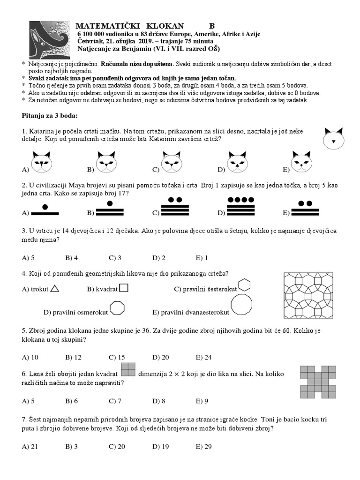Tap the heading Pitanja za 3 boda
[50, 115]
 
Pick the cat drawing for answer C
[172, 161]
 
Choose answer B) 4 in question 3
[72, 257]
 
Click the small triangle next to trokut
[55, 289]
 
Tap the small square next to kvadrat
[124, 288]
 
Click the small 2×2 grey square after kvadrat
[128, 370]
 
